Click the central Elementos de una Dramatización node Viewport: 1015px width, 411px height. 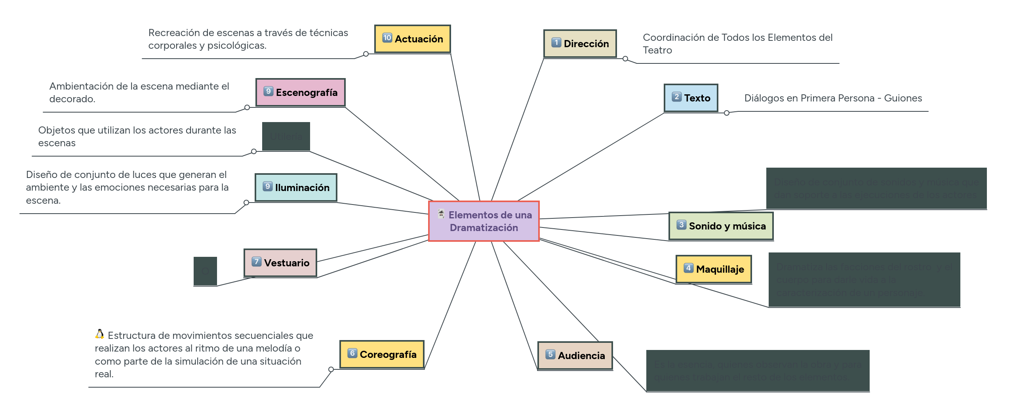coord(484,221)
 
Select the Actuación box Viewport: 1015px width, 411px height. coord(412,39)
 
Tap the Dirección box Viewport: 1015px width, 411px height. coord(580,44)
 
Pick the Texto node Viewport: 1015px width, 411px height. coord(691,98)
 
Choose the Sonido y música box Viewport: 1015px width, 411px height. coord(721,226)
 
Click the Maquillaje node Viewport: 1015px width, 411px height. coord(714,269)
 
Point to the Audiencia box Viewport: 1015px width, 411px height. coord(575,356)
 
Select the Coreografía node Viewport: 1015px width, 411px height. coord(382,354)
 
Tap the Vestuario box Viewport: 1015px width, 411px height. coord(280,263)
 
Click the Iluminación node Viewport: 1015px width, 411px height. coord(296,187)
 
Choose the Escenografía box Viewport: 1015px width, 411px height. coord(300,92)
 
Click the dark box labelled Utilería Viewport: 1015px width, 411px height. coord(286,136)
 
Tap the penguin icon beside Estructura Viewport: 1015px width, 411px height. coord(100,334)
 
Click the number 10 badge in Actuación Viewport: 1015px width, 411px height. coord(387,38)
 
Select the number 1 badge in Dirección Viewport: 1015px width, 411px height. coord(556,42)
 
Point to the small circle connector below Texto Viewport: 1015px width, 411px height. coord(726,113)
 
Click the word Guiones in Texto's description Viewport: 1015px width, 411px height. coord(903,98)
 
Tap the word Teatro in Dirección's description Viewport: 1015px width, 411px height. coord(657,50)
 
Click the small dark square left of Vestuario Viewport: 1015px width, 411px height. coord(205,271)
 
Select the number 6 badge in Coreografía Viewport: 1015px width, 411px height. coord(352,353)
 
